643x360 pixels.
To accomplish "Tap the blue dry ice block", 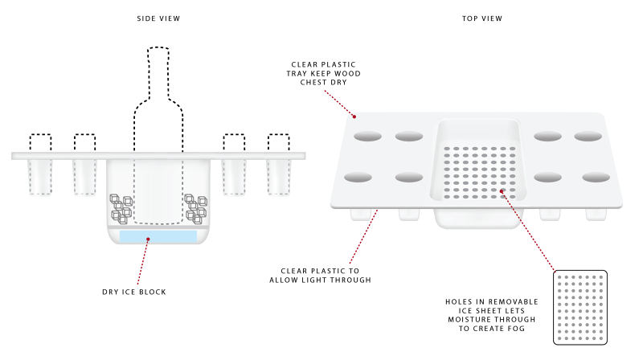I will [x=158, y=236].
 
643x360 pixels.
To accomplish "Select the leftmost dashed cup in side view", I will [x=41, y=142].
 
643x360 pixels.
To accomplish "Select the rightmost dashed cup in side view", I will [x=278, y=142].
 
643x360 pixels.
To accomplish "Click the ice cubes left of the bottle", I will [x=121, y=207].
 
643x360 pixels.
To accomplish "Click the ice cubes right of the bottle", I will [x=195, y=207].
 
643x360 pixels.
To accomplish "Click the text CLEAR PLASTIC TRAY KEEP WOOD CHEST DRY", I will [x=324, y=72].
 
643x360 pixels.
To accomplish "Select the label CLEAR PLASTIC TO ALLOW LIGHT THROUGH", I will [x=326, y=276].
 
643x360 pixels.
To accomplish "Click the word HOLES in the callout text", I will [x=460, y=301].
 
